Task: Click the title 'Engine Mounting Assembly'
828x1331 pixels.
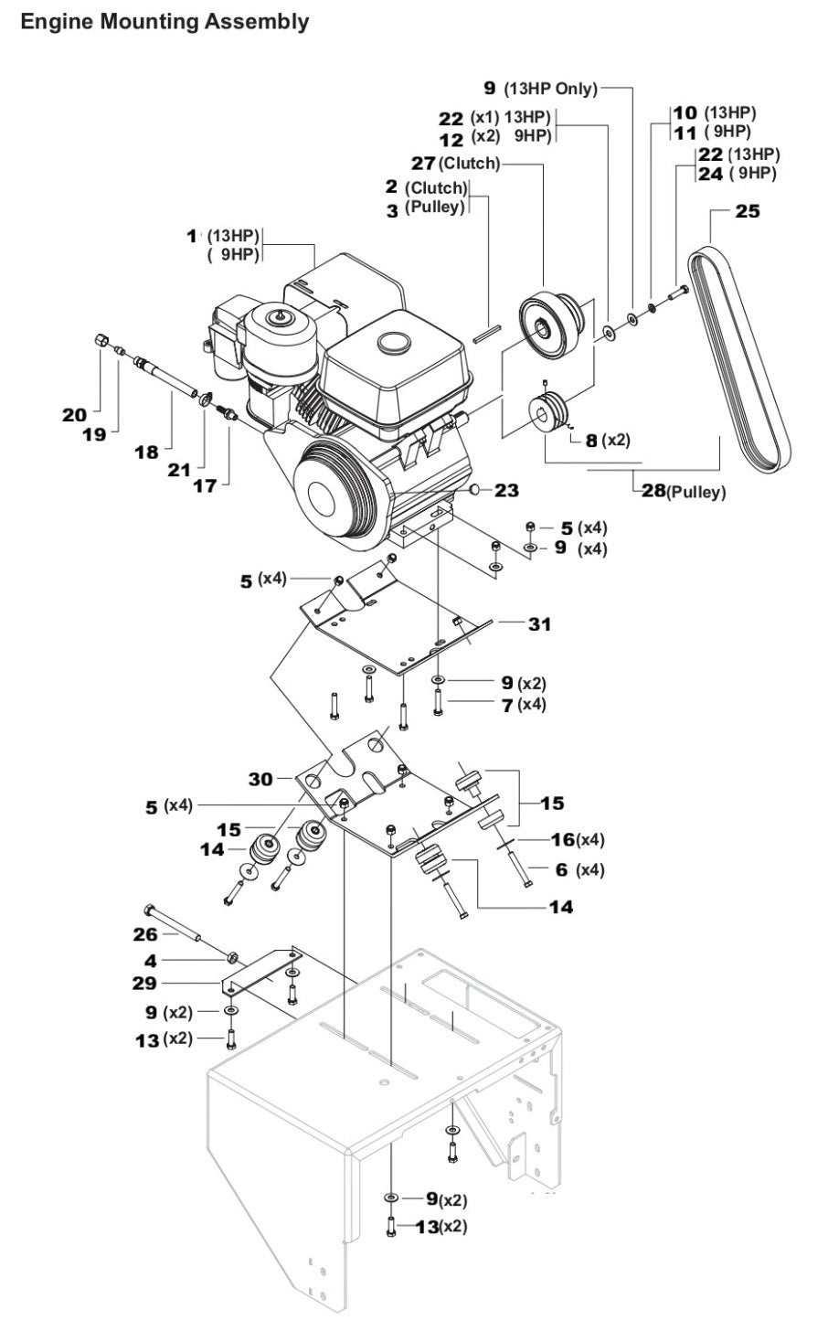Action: [165, 21]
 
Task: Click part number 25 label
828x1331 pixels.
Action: [747, 211]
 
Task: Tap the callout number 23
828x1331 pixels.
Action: [506, 491]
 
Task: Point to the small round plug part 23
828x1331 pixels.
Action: [476, 490]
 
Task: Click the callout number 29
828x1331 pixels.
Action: [144, 983]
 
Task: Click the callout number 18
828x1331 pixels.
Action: [147, 451]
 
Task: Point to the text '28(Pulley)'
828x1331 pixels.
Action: [682, 492]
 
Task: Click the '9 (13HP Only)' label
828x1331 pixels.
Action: [540, 89]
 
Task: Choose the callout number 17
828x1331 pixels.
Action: [205, 485]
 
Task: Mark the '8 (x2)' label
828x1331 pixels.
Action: [608, 440]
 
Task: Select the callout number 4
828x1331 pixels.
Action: [149, 960]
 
